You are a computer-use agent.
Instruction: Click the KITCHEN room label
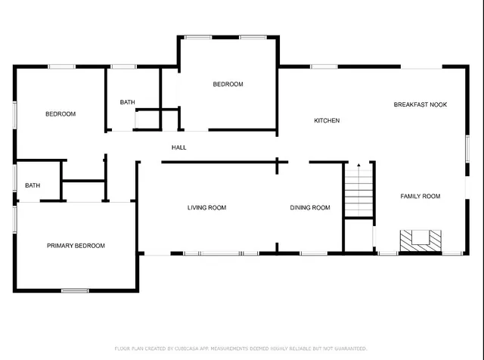[327, 121]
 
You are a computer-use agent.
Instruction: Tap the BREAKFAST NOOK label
[420, 104]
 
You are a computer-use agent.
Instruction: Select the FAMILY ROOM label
[420, 197]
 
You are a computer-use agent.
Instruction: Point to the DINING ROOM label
[310, 208]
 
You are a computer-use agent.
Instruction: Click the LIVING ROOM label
[206, 208]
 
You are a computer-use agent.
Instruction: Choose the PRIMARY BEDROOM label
[76, 246]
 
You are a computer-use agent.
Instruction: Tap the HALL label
[178, 147]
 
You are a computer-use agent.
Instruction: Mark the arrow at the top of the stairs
[358, 165]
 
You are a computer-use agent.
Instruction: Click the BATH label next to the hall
[127, 103]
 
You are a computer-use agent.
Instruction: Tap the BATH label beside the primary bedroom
[33, 185]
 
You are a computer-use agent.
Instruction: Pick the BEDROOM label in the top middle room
[228, 85]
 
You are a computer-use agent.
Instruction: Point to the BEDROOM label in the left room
[60, 114]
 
